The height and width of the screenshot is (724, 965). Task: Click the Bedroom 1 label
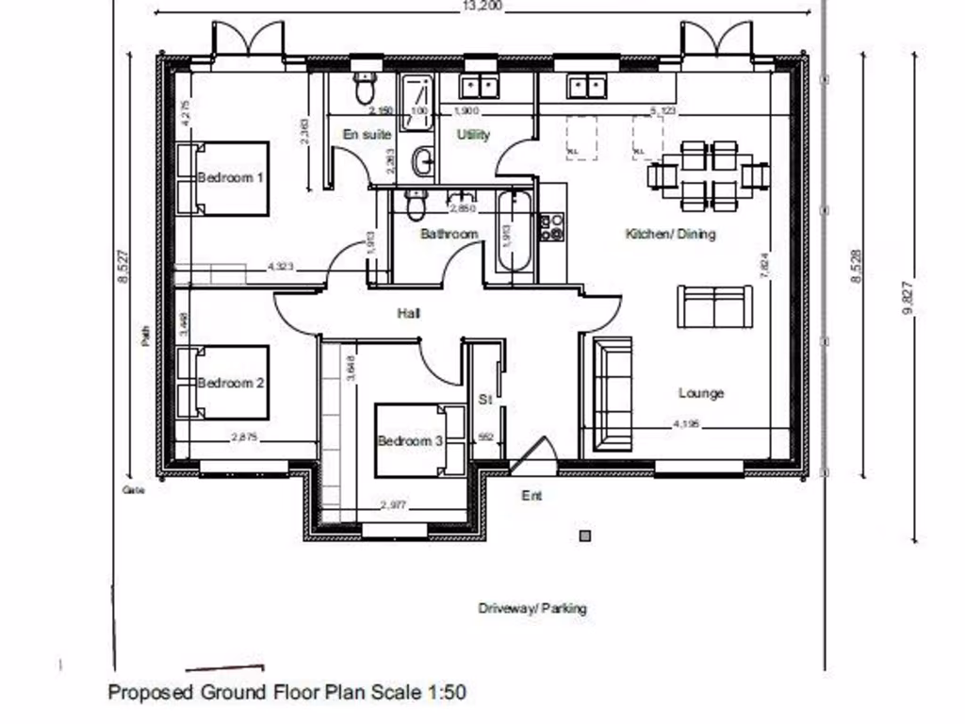tap(231, 177)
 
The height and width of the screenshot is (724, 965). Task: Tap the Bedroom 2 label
tap(231, 383)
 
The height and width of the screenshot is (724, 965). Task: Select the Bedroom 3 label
tap(410, 440)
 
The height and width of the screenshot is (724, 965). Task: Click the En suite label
tap(367, 135)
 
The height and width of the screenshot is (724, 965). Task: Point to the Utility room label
tap(474, 135)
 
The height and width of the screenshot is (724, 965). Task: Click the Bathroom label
tap(450, 234)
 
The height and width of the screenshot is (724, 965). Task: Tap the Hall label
tap(409, 313)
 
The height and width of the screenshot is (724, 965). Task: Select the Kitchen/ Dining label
tap(670, 234)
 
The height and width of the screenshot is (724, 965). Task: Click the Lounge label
tap(701, 393)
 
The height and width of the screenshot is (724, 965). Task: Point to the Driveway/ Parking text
tap(532, 608)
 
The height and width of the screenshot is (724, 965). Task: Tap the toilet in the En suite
tap(365, 88)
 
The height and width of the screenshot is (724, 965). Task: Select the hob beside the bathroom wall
tap(551, 227)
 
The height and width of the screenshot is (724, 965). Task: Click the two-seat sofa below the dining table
tap(714, 306)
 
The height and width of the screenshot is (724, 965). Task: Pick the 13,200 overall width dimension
tap(482, 6)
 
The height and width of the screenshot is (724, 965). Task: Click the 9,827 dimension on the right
tap(908, 297)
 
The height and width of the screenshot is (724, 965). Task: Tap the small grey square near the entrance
tap(585, 536)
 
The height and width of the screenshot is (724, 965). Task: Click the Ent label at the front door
tap(532, 495)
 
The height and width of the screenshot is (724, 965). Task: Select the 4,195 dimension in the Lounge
tap(686, 425)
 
